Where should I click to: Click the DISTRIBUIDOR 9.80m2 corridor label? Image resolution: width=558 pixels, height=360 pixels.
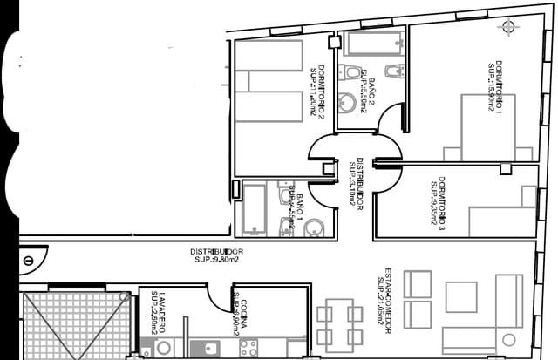(x=216, y=255)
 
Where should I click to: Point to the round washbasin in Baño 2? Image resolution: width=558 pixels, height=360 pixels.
(x=352, y=103)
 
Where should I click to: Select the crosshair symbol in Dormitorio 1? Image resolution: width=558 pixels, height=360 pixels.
(x=508, y=26)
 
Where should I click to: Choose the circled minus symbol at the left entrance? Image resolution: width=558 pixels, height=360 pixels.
(x=29, y=260)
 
